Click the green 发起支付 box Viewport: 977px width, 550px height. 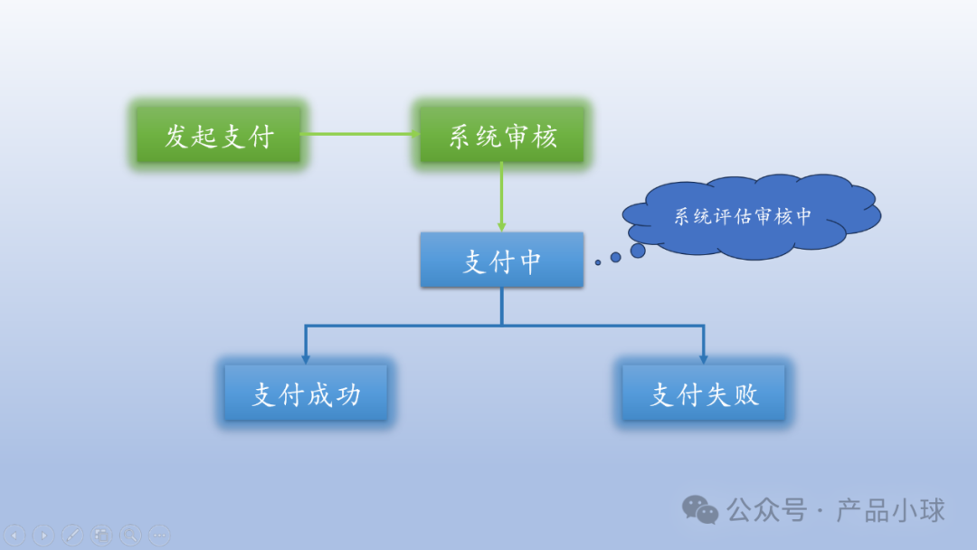point(218,137)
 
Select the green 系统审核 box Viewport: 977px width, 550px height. point(503,137)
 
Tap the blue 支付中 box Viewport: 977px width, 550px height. point(502,261)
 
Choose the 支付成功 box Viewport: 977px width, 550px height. point(306,394)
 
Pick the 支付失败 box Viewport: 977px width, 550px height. point(704,394)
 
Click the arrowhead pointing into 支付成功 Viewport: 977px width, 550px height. point(306,358)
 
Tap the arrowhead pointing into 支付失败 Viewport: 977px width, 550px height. point(703,358)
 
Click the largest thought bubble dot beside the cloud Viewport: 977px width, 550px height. point(638,250)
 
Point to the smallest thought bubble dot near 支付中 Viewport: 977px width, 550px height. point(598,262)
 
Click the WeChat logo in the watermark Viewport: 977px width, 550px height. point(701,509)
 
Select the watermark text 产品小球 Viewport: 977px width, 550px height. point(890,510)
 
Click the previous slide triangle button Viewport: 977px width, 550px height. point(15,535)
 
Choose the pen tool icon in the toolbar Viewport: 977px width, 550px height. point(72,535)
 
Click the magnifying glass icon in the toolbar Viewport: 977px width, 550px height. point(130,535)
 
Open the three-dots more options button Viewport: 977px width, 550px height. point(159,535)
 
